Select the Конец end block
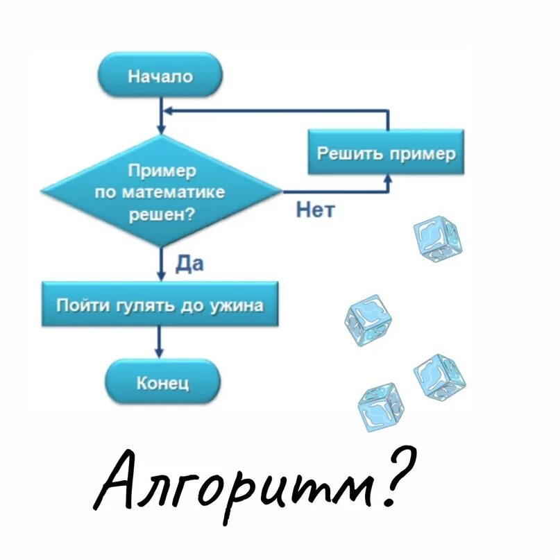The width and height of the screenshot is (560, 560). (162, 382)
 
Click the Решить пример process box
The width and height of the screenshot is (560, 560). (386, 152)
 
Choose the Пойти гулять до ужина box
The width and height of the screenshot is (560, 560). (160, 304)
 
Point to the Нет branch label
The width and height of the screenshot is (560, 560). (314, 210)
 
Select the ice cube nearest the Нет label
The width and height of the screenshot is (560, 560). (436, 239)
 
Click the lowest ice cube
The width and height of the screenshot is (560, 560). (380, 407)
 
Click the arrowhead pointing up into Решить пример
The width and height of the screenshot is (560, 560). (388, 179)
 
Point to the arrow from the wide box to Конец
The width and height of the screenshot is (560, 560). (162, 343)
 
